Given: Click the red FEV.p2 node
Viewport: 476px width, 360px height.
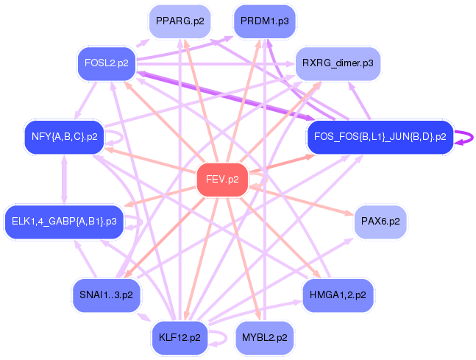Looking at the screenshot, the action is click(x=222, y=180).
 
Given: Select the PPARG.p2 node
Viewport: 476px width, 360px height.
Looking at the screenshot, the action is click(x=180, y=21).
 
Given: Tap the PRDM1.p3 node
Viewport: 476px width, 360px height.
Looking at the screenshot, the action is click(x=265, y=21).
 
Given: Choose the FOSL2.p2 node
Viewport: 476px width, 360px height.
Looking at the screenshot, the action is click(x=107, y=63).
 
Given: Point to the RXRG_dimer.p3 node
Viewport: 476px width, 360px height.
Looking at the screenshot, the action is click(x=338, y=63).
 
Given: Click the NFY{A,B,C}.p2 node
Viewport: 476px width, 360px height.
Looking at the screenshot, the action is click(x=64, y=137).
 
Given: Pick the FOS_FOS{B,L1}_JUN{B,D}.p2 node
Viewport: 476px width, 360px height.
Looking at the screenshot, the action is click(x=380, y=137).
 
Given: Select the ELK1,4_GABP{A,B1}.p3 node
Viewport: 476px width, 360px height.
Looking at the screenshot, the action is click(x=64, y=222).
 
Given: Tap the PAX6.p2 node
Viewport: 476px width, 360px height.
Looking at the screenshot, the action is click(x=380, y=222).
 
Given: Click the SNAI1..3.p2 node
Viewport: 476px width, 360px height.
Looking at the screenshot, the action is click(x=106, y=295).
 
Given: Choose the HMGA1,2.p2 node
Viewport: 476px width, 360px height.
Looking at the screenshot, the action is click(x=338, y=295).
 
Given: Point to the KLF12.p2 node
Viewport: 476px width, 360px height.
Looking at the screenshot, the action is click(x=180, y=338).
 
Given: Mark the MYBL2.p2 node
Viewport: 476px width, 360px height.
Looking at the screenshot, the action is click(x=265, y=338).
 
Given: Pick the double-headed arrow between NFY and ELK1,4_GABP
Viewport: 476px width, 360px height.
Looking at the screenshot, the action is click(x=64, y=180).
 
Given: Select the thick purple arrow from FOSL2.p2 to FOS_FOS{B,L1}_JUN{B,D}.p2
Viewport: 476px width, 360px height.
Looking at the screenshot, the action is click(x=226, y=96).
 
